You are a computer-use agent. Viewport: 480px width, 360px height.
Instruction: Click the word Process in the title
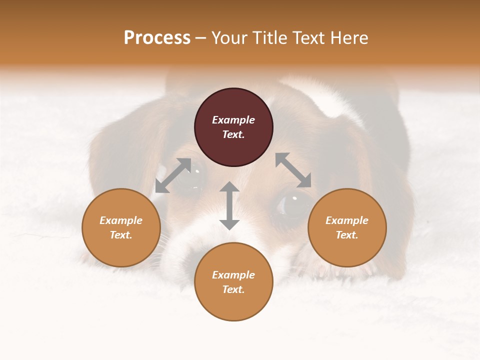(157, 38)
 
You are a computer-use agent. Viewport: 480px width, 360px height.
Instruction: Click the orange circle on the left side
(121, 227)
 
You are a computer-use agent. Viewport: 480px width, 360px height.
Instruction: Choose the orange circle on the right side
(347, 227)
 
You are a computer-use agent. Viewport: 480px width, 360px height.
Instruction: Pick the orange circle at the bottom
(233, 281)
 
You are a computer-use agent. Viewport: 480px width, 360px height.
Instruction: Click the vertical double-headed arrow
(229, 205)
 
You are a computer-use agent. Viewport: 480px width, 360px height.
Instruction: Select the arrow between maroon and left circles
(173, 175)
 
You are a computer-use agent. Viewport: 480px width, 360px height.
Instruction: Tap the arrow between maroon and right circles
(293, 170)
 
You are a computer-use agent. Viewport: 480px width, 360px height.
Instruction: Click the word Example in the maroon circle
(233, 120)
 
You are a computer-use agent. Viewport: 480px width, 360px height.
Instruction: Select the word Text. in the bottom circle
(233, 289)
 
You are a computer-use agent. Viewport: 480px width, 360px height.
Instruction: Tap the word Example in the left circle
(121, 220)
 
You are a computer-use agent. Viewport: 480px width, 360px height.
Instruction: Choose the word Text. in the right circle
(347, 235)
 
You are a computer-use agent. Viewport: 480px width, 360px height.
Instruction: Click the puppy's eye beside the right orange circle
(292, 204)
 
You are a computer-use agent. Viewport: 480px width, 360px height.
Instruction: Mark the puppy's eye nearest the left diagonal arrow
(194, 173)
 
